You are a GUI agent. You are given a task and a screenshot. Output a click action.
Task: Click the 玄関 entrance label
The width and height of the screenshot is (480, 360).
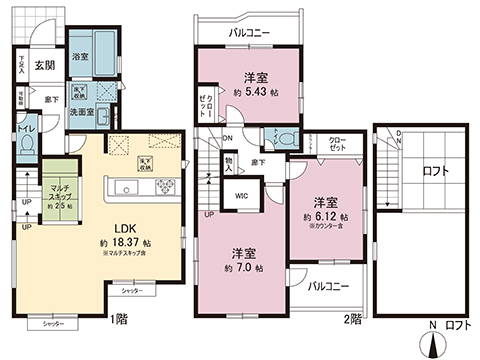click(44, 65)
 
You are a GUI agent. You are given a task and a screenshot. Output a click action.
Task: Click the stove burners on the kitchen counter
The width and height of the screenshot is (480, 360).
click(165, 186)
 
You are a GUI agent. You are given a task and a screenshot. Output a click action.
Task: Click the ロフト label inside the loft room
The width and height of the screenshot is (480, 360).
click(431, 171)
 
